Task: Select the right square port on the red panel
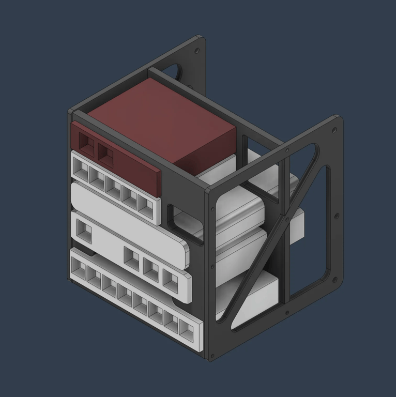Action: [105, 153]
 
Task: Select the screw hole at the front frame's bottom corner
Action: [211, 354]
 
